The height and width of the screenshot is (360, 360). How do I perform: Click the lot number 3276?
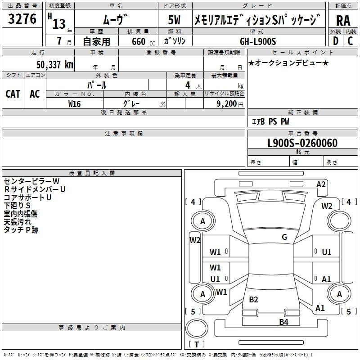tap(22, 19)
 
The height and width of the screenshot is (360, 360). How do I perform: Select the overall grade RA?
tap(343, 20)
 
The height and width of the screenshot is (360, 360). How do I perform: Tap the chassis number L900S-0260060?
tap(302, 143)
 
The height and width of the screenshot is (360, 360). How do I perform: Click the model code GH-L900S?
tap(258, 41)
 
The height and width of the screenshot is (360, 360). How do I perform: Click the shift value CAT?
tap(13, 94)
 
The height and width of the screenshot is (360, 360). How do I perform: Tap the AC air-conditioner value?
tap(35, 94)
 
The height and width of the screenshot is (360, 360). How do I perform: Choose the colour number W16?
tap(74, 103)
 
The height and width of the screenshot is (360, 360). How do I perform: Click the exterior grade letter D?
tap(335, 41)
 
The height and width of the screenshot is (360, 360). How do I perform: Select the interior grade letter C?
tap(350, 41)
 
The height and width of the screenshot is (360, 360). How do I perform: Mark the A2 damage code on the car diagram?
tap(321, 184)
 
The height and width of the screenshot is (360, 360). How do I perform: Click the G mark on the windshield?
tap(284, 237)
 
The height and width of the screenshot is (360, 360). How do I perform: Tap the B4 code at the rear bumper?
tap(283, 322)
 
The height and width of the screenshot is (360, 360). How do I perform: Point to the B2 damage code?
tap(254, 300)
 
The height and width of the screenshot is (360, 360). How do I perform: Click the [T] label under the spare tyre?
tap(196, 345)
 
